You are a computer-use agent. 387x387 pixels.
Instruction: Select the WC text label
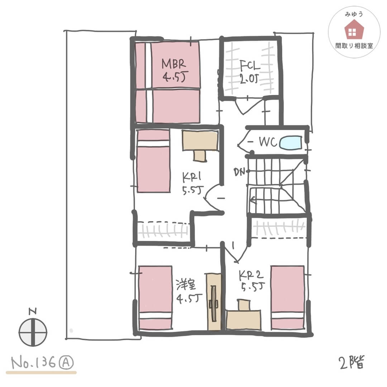[268, 142]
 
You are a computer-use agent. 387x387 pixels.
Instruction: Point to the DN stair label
[239, 172]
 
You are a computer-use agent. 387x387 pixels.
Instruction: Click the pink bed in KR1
[153, 161]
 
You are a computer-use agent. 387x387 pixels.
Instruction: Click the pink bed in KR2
[287, 297]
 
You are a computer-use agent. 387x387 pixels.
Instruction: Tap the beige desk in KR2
[243, 315]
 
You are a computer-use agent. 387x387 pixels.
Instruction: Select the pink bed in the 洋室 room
[155, 298]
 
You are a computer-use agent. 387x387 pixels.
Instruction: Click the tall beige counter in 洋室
[214, 302]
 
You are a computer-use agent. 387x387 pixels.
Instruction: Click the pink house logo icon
[354, 29]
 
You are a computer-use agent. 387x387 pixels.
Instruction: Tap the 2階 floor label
[352, 362]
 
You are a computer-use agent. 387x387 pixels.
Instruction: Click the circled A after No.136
[66, 363]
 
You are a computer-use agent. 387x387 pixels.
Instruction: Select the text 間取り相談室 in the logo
[354, 46]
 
